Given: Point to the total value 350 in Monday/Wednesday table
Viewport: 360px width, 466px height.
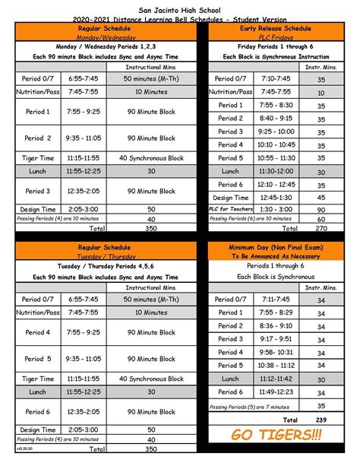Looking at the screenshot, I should pos(150,228).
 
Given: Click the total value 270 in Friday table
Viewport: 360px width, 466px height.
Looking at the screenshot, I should pos(321,228).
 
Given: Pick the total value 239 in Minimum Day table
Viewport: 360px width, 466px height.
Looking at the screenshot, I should pos(321,420).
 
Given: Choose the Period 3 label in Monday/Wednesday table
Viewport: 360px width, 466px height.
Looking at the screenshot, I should pos(37,191).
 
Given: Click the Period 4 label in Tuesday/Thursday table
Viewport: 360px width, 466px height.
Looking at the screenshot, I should pos(37,332).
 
